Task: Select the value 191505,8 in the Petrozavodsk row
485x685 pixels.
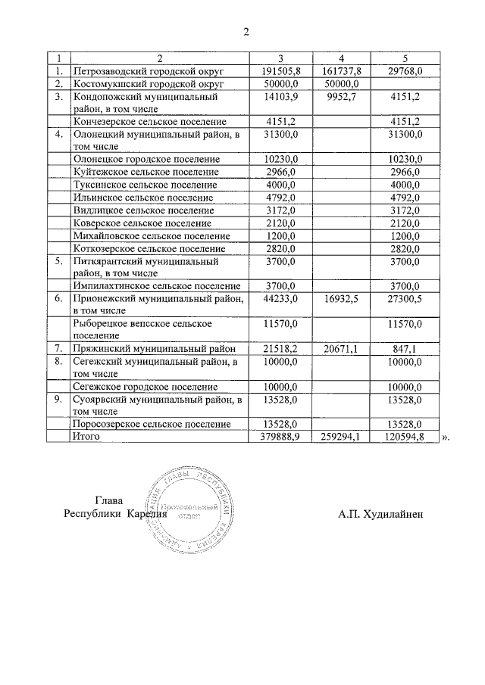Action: (280, 70)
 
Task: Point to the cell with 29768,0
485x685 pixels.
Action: (404, 70)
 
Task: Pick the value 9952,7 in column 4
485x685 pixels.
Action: (343, 96)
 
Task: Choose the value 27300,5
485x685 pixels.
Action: (403, 299)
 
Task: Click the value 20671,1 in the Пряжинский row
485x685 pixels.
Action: (341, 348)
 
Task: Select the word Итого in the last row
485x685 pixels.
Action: (86, 437)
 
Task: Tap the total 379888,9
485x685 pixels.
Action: (280, 437)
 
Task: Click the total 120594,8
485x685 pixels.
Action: (404, 437)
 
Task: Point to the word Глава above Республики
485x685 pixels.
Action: (108, 500)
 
